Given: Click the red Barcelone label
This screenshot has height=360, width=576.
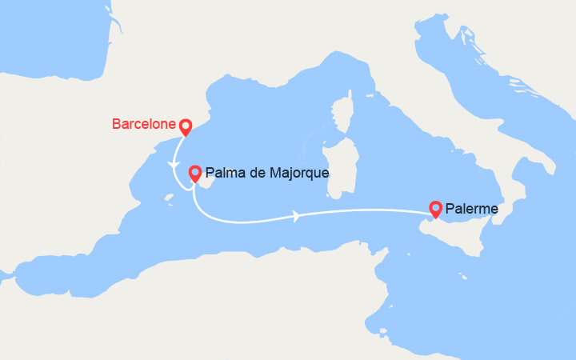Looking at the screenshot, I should tap(143, 124).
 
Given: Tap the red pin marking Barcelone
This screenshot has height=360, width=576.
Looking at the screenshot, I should tap(185, 126).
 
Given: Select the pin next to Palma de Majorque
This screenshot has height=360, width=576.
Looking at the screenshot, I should tap(194, 172).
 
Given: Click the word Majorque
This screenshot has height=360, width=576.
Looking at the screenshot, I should tap(300, 172).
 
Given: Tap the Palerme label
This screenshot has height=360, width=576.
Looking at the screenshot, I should tap(472, 209).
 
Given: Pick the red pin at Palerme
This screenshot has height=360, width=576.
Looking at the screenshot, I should tap(436, 208).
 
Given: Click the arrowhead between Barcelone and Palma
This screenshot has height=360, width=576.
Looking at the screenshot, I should tap(173, 164).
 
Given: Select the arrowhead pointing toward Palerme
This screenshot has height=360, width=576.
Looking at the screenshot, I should tap(298, 215).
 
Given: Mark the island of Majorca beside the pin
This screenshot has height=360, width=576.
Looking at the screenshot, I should tap(203, 185).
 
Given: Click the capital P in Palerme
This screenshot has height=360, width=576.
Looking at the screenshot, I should tap(450, 209).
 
